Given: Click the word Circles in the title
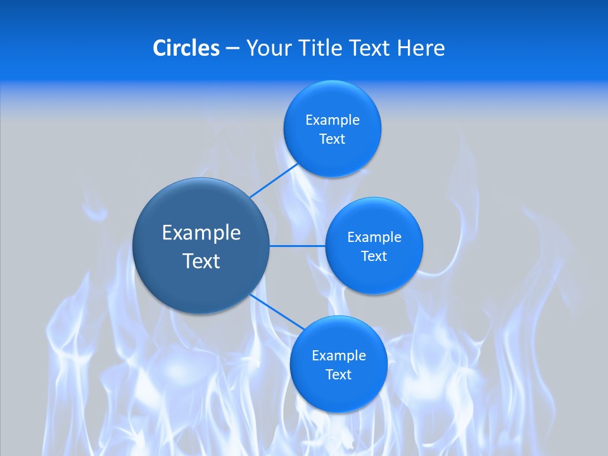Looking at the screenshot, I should pyautogui.click(x=186, y=47).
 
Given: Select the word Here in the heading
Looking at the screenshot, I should pyautogui.click(x=421, y=47).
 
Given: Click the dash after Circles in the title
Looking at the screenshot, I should pyautogui.click(x=232, y=48).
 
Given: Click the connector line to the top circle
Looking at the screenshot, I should pyautogui.click(x=274, y=180).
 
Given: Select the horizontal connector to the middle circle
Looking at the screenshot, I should pyautogui.click(x=297, y=246).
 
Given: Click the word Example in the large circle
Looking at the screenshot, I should pyautogui.click(x=201, y=233).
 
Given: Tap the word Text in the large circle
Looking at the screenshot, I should pyautogui.click(x=201, y=261).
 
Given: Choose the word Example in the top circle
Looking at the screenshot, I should pyautogui.click(x=332, y=120).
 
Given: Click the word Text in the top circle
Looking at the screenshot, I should pyautogui.click(x=332, y=139).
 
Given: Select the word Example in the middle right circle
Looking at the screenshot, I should pyautogui.click(x=374, y=237).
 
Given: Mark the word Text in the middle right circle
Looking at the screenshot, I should pyautogui.click(x=374, y=256).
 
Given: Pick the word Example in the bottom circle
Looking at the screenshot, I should pyautogui.click(x=339, y=355).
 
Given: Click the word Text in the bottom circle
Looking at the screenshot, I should pyautogui.click(x=339, y=374).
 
